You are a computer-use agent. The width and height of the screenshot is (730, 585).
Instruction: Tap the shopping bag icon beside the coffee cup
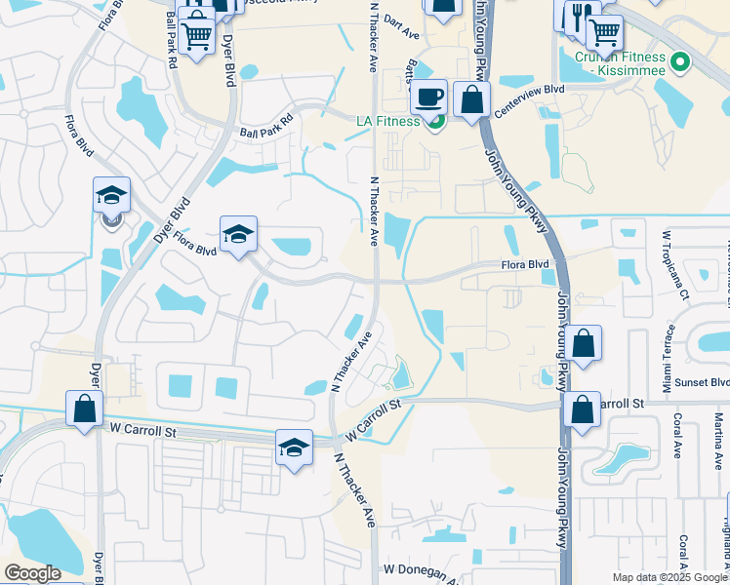(x=471, y=99)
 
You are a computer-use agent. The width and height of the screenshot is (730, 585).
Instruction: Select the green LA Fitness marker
(x=437, y=121)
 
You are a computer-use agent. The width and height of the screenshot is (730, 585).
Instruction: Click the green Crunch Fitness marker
(x=680, y=66)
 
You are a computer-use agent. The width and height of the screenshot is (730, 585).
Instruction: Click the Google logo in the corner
(x=32, y=573)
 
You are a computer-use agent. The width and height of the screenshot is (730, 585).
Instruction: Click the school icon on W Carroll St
(x=294, y=448)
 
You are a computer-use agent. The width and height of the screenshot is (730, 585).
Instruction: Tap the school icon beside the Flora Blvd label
(x=238, y=234)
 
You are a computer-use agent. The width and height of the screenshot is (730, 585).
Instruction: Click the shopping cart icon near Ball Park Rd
(x=197, y=36)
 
